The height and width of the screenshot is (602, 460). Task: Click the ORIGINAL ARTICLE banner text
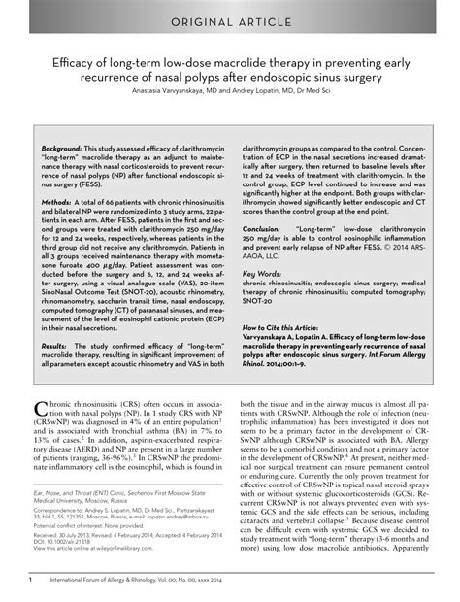tap(229, 20)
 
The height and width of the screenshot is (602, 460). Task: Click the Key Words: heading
tap(258, 274)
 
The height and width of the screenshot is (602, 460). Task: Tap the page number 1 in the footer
tap(31, 580)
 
